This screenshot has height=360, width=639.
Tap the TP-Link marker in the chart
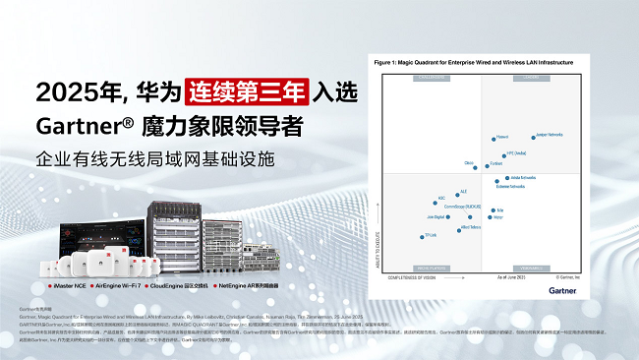pyautogui.click(x=420, y=235)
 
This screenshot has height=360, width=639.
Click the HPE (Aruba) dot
pyautogui.click(x=504, y=153)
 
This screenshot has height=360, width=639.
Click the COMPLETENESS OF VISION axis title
pyautogui.click(x=414, y=277)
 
